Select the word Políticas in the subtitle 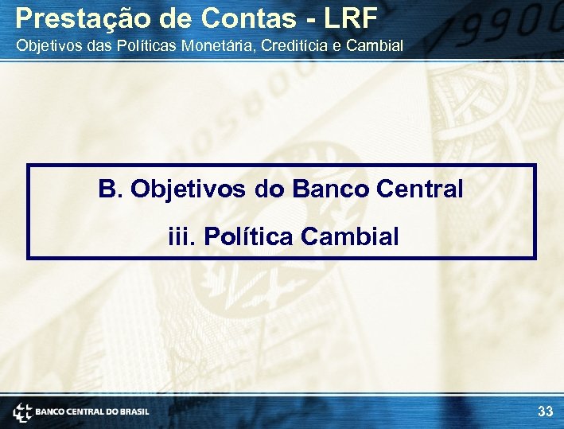click(x=146, y=45)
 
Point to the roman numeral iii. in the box click(x=181, y=236)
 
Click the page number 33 click(x=545, y=411)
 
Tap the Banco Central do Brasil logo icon click(x=21, y=411)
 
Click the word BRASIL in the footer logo click(x=134, y=411)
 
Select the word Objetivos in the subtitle click(x=45, y=45)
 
